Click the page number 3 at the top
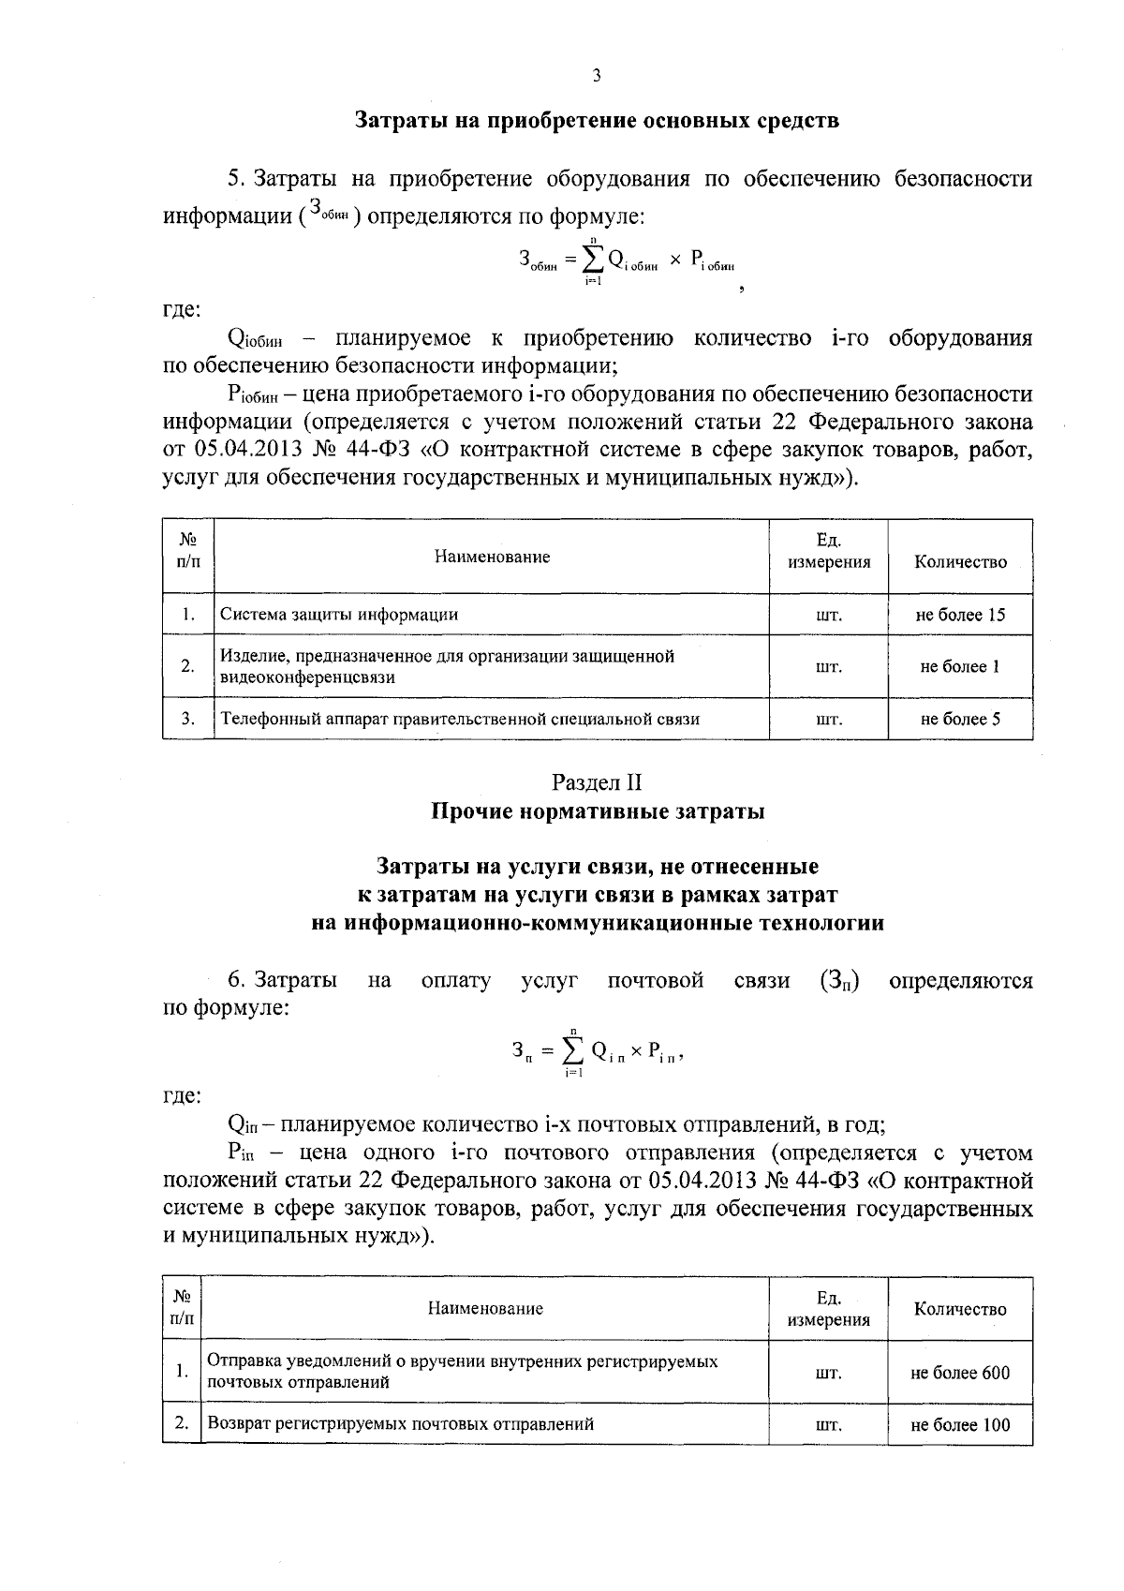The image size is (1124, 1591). click(x=596, y=76)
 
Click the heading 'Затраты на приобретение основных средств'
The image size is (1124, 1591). click(x=597, y=121)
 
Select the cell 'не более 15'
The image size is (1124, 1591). click(x=960, y=615)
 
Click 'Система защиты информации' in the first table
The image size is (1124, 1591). click(x=339, y=615)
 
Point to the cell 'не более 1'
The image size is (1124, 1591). click(x=960, y=666)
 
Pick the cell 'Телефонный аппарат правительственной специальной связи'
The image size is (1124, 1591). click(x=460, y=719)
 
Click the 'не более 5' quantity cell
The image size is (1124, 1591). click(x=960, y=719)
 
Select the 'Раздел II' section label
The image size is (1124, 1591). click(x=597, y=781)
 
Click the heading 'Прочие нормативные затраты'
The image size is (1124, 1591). click(x=597, y=811)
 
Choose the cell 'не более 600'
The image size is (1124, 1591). click(x=960, y=1373)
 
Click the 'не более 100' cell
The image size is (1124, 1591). click(x=960, y=1425)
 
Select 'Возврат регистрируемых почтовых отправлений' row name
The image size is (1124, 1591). click(x=401, y=1424)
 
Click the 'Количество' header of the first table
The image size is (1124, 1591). click(x=960, y=562)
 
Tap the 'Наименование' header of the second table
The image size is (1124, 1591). click(x=485, y=1308)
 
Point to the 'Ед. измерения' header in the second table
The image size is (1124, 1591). click(x=828, y=1309)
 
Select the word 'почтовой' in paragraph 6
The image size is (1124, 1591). click(x=656, y=981)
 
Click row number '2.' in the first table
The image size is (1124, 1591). click(x=188, y=666)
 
